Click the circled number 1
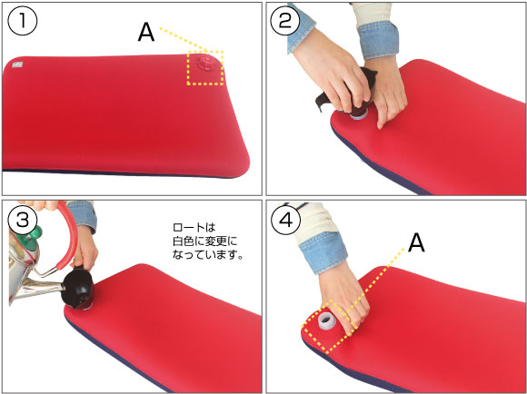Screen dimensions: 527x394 23,21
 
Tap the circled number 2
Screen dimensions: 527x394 285,21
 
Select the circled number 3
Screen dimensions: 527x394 23,220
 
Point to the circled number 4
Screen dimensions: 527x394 286,220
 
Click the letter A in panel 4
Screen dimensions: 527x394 416,243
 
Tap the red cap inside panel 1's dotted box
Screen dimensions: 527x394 205,64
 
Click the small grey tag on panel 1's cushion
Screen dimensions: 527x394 16,65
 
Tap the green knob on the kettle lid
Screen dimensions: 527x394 33,234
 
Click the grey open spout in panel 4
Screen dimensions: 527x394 325,321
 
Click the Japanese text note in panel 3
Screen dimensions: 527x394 207,241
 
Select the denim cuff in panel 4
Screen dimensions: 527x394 323,251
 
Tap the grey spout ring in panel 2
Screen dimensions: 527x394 358,116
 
